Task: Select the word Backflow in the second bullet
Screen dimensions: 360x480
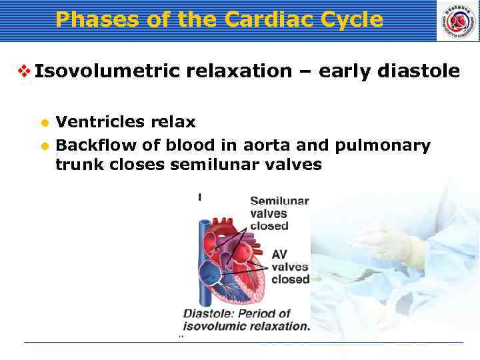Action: coord(89,145)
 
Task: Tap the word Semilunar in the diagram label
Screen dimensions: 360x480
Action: coord(279,201)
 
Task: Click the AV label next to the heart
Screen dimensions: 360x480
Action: coord(280,255)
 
